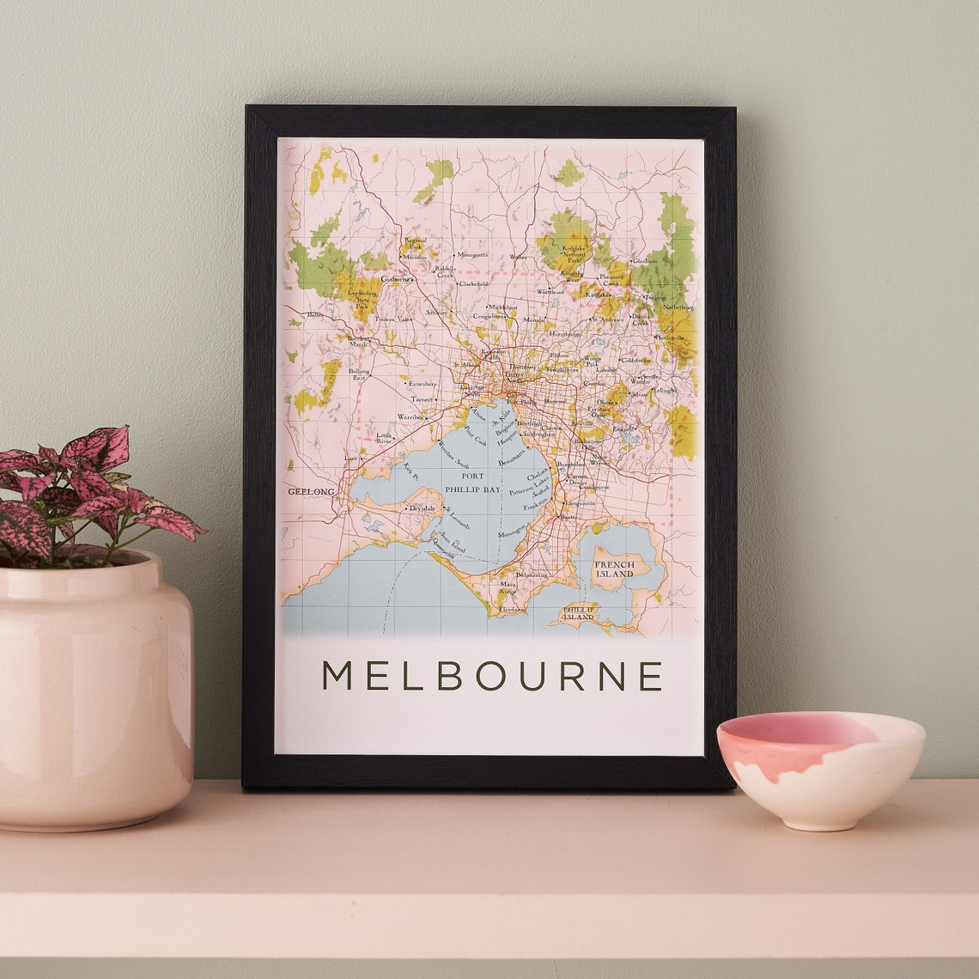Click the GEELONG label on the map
[x=310, y=491]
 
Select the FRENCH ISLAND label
[x=615, y=569]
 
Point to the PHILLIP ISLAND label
[x=578, y=613]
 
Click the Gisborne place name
[x=397, y=279]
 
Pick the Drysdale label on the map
[x=423, y=508]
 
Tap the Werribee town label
[x=410, y=417]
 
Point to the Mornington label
[x=512, y=533]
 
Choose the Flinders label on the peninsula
[x=510, y=609]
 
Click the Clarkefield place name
[x=473, y=283]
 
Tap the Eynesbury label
[x=422, y=384]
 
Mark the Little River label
[x=384, y=439]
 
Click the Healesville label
[x=671, y=338]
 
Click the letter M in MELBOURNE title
[x=337, y=676]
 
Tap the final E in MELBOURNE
[x=651, y=676]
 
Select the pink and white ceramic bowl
[x=819, y=769]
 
